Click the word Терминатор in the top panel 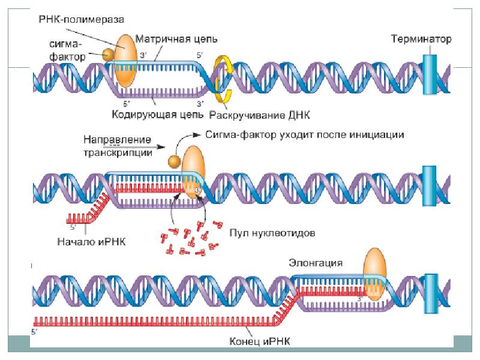pos(419,39)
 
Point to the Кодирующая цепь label pos(155,113)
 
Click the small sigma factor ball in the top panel pos(109,54)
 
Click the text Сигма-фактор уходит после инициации pos(305,134)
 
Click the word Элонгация pos(316,263)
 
